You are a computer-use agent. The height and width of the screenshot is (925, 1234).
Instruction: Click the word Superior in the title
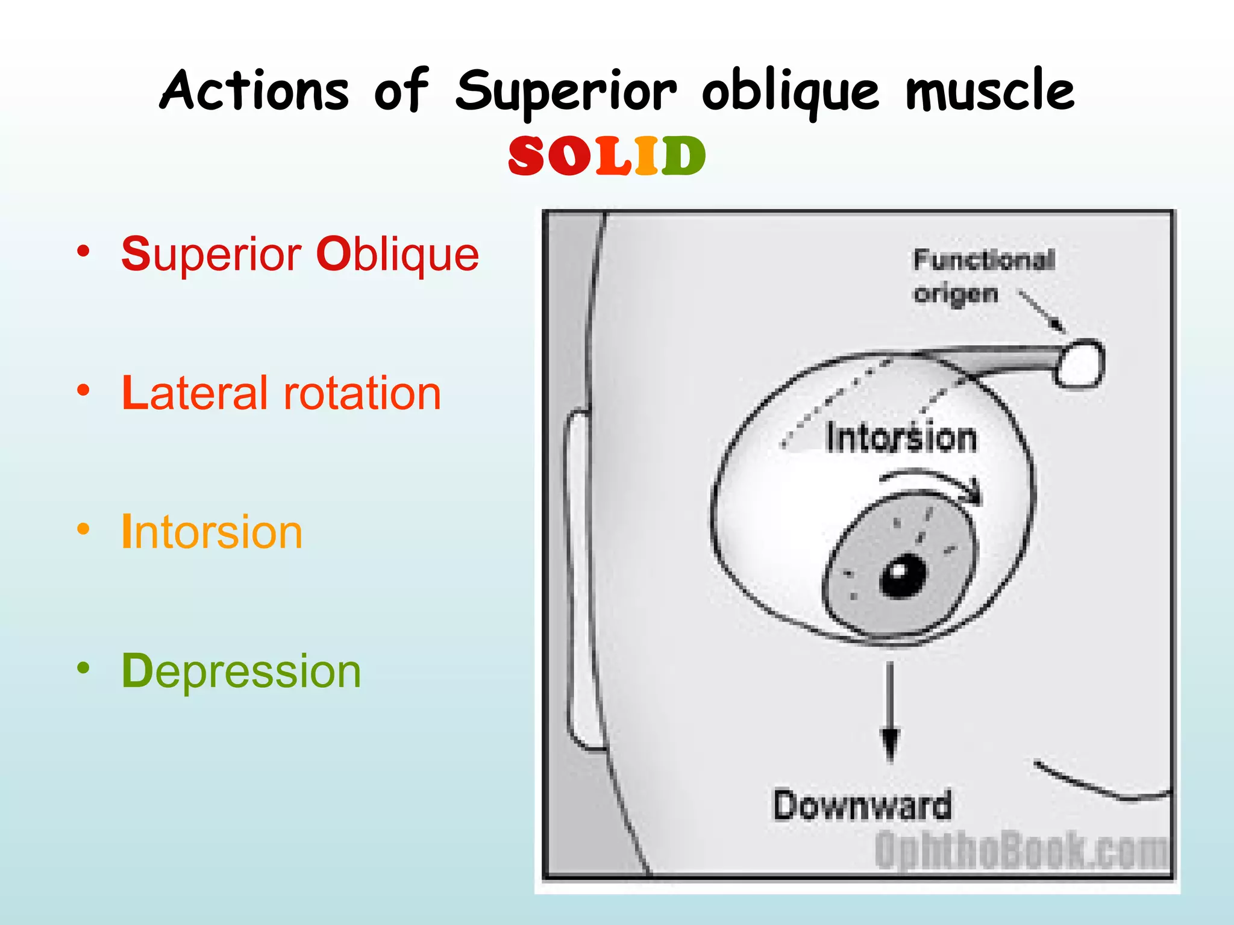(566, 92)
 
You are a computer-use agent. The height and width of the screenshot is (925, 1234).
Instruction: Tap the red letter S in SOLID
(527, 156)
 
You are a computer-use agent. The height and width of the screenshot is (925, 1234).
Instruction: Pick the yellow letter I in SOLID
(646, 156)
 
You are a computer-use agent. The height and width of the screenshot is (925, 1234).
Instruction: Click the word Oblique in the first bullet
(398, 254)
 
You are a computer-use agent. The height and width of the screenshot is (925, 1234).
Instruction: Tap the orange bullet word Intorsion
(212, 532)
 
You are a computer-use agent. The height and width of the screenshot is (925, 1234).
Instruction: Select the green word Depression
(241, 671)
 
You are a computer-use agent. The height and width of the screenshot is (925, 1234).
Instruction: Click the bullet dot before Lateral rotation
(83, 391)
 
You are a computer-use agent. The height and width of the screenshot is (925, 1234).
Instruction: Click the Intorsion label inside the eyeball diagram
(901, 438)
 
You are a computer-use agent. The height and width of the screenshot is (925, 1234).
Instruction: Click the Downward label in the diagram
(862, 806)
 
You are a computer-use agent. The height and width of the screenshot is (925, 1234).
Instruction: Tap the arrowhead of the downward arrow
(890, 744)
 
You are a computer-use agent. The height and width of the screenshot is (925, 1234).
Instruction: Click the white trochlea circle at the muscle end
(1082, 364)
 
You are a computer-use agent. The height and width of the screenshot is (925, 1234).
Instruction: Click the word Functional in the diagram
(984, 260)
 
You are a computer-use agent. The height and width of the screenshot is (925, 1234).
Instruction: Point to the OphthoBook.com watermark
(1021, 850)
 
